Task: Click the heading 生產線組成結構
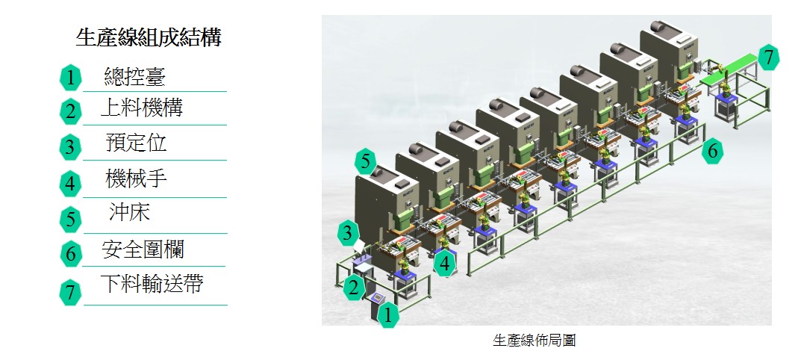click(x=149, y=38)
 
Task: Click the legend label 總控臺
click(x=134, y=76)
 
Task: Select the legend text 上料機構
click(x=141, y=109)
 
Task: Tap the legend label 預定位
click(x=136, y=143)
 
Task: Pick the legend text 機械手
click(x=136, y=179)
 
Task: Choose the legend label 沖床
click(x=129, y=214)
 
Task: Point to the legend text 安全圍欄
click(x=143, y=249)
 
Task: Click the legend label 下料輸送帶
click(x=152, y=284)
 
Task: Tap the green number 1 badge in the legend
click(x=70, y=77)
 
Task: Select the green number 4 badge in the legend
click(x=70, y=183)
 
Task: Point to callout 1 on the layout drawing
click(x=387, y=315)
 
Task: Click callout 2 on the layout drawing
click(x=355, y=287)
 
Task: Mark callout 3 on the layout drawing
click(x=347, y=233)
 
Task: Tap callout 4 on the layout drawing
click(x=445, y=263)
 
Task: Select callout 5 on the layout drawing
click(x=365, y=161)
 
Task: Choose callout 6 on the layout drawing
click(x=712, y=151)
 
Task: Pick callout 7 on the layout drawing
click(x=768, y=57)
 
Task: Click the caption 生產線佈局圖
click(x=534, y=341)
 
